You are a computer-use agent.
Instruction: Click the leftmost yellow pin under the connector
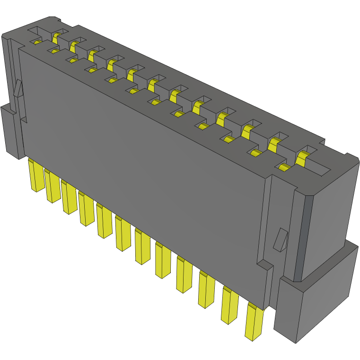pyautogui.click(x=36, y=176)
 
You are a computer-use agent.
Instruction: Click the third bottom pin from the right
pyautogui.click(x=207, y=290)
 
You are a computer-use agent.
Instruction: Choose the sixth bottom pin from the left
pyautogui.click(x=123, y=234)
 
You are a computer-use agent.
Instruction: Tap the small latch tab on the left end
pyautogui.click(x=18, y=88)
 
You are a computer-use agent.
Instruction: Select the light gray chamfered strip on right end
pyautogui.click(x=303, y=237)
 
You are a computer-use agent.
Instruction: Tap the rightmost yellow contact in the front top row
pyautogui.click(x=284, y=167)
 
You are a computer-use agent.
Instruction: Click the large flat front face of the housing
pyautogui.click(x=142, y=156)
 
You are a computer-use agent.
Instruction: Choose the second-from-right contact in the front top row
pyautogui.click(x=256, y=153)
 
